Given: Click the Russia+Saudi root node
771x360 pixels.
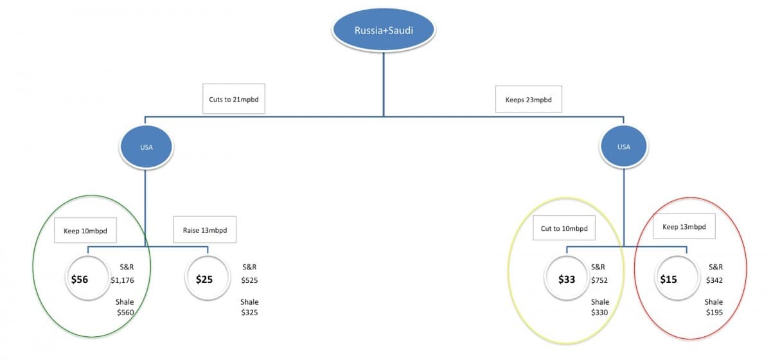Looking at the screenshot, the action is tap(384, 30).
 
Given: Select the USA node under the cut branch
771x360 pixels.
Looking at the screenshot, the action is tap(146, 147).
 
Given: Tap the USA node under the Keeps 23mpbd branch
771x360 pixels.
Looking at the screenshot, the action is tap(624, 147).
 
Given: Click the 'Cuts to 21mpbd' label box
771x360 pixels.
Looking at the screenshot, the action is tap(234, 98).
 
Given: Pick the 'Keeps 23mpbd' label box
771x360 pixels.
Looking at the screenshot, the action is tap(529, 99).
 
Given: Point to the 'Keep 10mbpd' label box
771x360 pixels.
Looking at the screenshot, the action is tap(85, 230).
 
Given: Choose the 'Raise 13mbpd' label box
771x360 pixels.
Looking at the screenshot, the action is tap(205, 230).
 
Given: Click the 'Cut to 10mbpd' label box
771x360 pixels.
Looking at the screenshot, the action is tap(564, 228).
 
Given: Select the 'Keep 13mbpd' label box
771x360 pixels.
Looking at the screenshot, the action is tap(684, 226).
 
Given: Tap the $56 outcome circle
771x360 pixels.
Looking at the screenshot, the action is tap(88, 278).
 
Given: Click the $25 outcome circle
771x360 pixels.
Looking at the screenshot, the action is tap(208, 278).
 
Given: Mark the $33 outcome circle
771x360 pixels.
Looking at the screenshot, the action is tap(567, 278).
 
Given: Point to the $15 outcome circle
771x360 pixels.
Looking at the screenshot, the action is tap(677, 278).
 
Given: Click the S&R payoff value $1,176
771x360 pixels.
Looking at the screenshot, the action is tap(122, 280).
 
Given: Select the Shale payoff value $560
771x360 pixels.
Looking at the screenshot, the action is tap(125, 312).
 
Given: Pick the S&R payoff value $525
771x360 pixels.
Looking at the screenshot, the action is tap(249, 280).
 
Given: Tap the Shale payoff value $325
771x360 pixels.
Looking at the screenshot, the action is tap(249, 312).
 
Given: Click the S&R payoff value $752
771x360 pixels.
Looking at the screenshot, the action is tap(599, 280).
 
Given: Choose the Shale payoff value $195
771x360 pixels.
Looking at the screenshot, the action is tap(714, 312).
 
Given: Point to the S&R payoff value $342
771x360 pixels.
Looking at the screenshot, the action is tap(714, 280).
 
